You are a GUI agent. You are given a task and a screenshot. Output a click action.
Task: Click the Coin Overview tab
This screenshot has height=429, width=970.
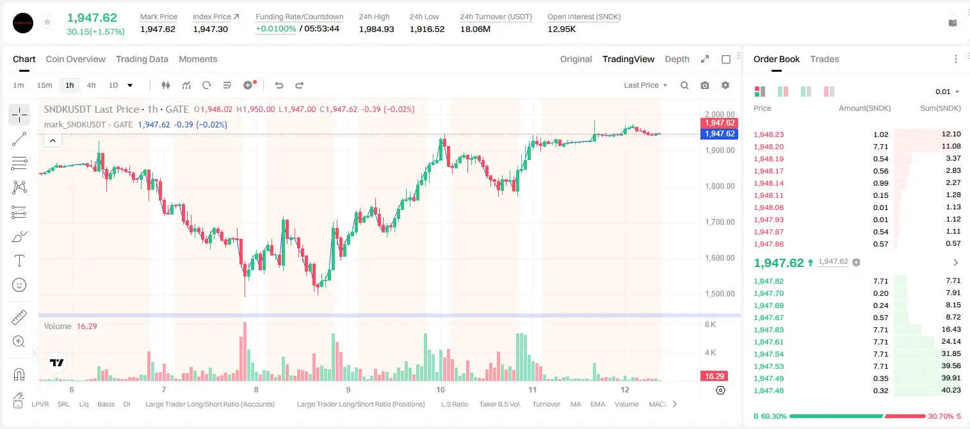pos(76,59)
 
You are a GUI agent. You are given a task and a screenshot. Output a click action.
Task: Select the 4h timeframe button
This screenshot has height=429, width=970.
pos(91,85)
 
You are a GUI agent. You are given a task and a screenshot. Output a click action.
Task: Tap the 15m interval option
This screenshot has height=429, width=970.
pos(45,85)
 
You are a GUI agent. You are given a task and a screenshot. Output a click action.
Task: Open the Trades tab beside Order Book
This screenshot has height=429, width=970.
pos(825,59)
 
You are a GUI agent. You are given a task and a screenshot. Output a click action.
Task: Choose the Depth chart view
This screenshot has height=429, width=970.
pos(677,59)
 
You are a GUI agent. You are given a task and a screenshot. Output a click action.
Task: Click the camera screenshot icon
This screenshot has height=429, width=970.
pos(705,85)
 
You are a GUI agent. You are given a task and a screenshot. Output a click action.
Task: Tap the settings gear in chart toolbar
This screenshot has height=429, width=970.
pos(725,85)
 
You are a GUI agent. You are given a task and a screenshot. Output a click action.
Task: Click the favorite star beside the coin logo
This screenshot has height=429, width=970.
pos(47,22)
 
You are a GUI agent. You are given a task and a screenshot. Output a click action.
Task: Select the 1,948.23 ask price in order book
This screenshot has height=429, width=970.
pos(769,134)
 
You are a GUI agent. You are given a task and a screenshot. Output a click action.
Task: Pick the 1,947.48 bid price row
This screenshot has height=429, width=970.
pos(769,391)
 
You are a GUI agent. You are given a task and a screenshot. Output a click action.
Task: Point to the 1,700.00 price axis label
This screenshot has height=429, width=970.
pos(720,222)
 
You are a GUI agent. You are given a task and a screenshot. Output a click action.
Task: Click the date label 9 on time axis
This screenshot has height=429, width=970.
pos(348,389)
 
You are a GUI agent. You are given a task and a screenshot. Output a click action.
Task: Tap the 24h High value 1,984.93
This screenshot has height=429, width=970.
pos(376,29)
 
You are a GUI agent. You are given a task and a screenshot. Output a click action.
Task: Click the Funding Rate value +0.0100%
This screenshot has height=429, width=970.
pos(276,29)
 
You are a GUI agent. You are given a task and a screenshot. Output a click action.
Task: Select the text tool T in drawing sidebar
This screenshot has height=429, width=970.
pos(19,261)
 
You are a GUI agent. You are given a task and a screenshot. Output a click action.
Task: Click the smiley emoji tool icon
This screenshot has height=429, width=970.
pos(19,285)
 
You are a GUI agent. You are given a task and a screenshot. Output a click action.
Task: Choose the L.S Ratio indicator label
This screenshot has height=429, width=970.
pos(454,404)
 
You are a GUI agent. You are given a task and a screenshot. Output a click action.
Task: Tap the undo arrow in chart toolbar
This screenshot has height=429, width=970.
pos(279,85)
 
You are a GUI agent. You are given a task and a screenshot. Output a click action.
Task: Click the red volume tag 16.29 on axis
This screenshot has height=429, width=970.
pos(714,376)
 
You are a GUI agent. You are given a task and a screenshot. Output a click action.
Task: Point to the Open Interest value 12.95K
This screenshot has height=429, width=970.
pos(562,29)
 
